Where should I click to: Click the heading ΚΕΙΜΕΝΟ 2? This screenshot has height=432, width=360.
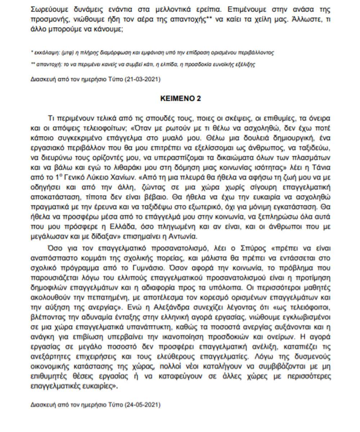pyautogui.click(x=180, y=99)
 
